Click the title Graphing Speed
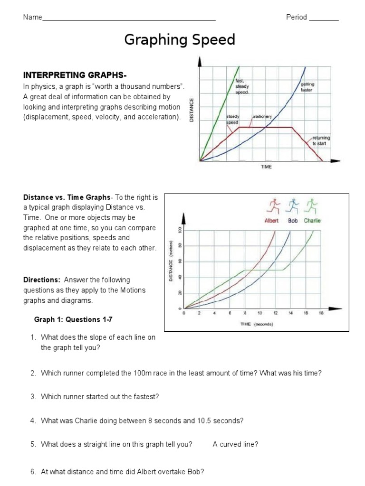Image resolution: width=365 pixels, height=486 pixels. tap(180, 40)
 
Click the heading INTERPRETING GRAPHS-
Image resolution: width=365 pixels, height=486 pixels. tap(75, 75)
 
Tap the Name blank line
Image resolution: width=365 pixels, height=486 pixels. tap(129, 19)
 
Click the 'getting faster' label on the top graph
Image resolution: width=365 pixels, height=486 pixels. tap(307, 87)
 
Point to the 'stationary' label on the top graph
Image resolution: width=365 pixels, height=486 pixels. tap(262, 116)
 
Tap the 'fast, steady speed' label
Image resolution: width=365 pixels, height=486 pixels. tap(242, 86)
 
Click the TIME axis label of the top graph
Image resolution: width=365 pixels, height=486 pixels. tap(266, 167)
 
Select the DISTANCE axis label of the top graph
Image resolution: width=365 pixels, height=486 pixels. tap(192, 110)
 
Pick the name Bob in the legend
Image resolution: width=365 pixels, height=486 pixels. tap(293, 220)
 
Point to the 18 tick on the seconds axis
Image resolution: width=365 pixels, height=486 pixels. tap(321, 313)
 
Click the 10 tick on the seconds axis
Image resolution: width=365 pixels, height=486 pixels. tap(260, 313)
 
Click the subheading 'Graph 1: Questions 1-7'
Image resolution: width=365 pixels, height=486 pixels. tap(73, 319)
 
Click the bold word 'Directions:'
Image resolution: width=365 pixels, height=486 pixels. tap(42, 280)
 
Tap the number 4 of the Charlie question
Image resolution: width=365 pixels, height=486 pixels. tap(33, 421)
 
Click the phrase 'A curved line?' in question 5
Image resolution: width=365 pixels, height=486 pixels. tap(235, 444)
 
